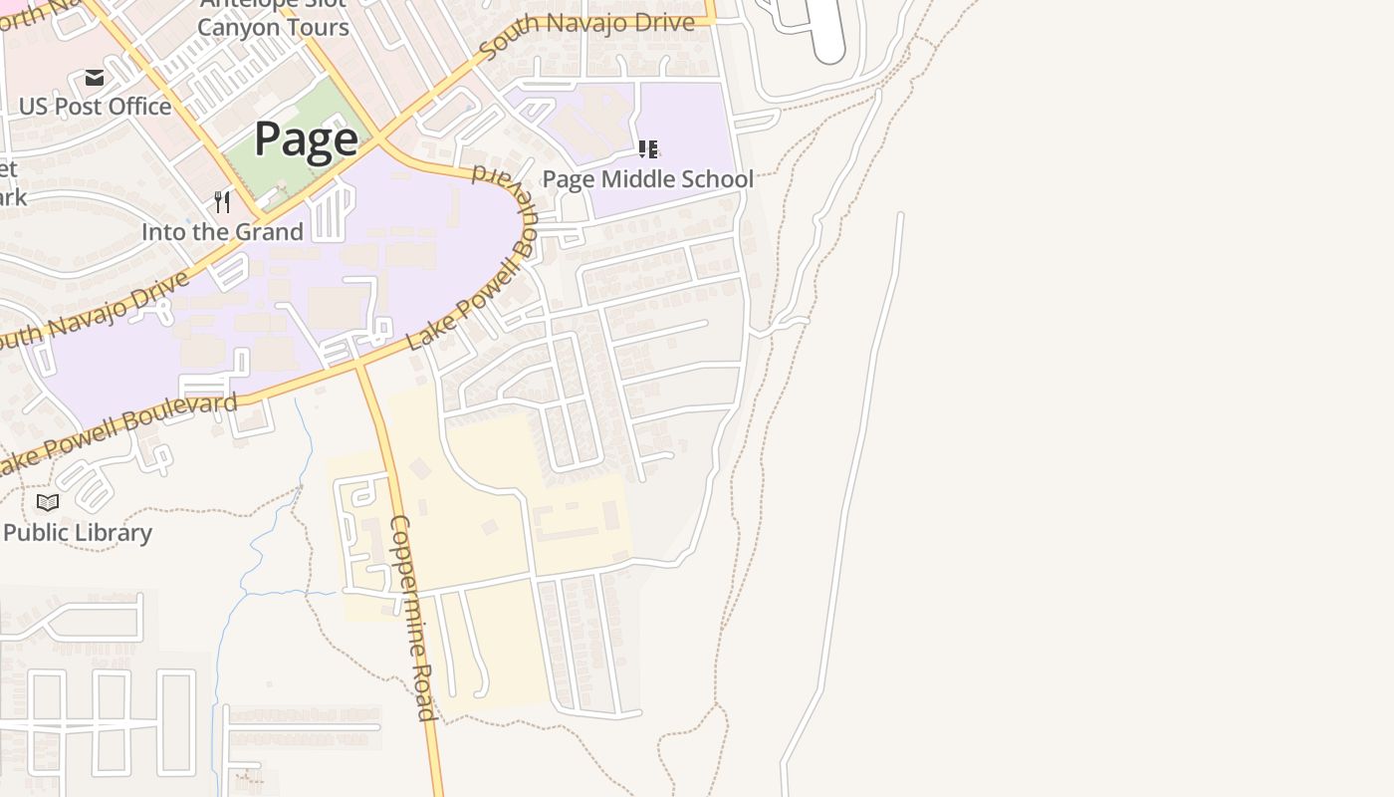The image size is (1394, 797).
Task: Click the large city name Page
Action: click(306, 138)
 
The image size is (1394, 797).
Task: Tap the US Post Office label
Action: click(95, 106)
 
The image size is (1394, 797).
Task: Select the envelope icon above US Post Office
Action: click(95, 78)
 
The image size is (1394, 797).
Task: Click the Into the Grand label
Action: click(222, 232)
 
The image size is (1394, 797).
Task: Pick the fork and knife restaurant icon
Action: click(222, 202)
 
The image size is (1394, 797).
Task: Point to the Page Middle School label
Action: click(647, 179)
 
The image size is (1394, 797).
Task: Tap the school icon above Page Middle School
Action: click(648, 149)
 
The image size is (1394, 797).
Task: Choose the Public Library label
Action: click(78, 533)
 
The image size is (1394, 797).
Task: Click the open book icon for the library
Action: click(48, 502)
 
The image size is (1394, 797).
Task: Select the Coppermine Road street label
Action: click(412, 618)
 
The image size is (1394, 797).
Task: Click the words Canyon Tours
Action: click(273, 27)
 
